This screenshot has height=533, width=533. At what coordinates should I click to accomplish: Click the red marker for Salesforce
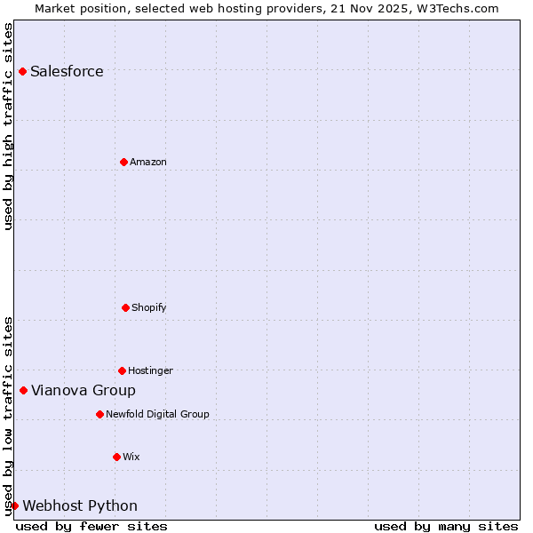pyautogui.click(x=22, y=71)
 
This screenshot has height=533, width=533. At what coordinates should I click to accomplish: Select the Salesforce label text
pyautogui.click(x=67, y=72)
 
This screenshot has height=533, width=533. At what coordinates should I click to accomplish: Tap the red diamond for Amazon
pyautogui.click(x=123, y=162)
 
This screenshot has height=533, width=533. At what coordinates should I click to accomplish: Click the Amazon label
pyautogui.click(x=148, y=163)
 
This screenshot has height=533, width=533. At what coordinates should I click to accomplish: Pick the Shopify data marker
pyautogui.click(x=125, y=307)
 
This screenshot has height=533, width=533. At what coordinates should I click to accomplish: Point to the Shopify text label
pyautogui.click(x=149, y=308)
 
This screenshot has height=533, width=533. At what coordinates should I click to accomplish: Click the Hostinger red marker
pyautogui.click(x=122, y=370)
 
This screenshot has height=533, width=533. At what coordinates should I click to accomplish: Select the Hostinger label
pyautogui.click(x=150, y=371)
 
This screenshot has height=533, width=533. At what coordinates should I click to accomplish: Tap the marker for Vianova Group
pyautogui.click(x=23, y=390)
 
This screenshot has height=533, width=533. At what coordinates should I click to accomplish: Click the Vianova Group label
pyautogui.click(x=84, y=391)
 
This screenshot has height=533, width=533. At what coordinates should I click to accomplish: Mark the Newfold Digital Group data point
pyautogui.click(x=99, y=414)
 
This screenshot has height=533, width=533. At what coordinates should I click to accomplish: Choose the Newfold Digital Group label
pyautogui.click(x=157, y=415)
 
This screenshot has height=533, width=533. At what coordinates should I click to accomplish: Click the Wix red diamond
pyautogui.click(x=116, y=457)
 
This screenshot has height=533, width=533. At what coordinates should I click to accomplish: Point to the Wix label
pyautogui.click(x=131, y=457)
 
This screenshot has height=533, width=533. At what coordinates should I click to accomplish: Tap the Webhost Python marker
pyautogui.click(x=14, y=505)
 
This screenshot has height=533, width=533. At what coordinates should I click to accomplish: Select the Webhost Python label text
pyautogui.click(x=80, y=506)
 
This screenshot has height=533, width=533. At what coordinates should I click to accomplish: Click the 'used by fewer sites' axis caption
pyautogui.click(x=91, y=526)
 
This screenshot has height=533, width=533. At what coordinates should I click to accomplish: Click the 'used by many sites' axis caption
pyautogui.click(x=446, y=526)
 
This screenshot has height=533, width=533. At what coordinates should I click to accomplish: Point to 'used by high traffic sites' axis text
pyautogui.click(x=8, y=126)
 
